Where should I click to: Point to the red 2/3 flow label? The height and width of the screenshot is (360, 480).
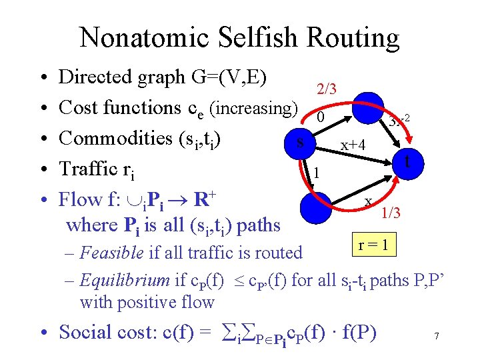[x=327, y=89]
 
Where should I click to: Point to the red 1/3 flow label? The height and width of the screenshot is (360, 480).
[x=391, y=213]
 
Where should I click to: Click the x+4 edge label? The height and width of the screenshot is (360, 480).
[x=354, y=145]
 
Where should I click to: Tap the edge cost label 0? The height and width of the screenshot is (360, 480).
[x=321, y=117]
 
